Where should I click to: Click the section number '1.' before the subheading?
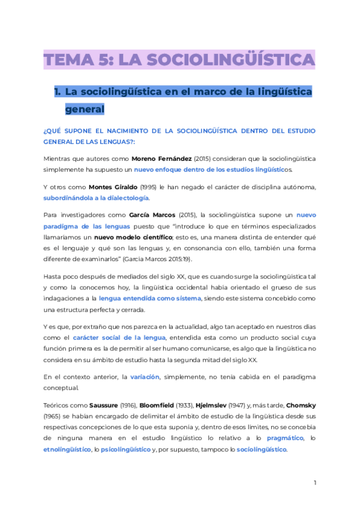[58, 92]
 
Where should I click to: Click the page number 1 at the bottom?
[315, 483]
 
